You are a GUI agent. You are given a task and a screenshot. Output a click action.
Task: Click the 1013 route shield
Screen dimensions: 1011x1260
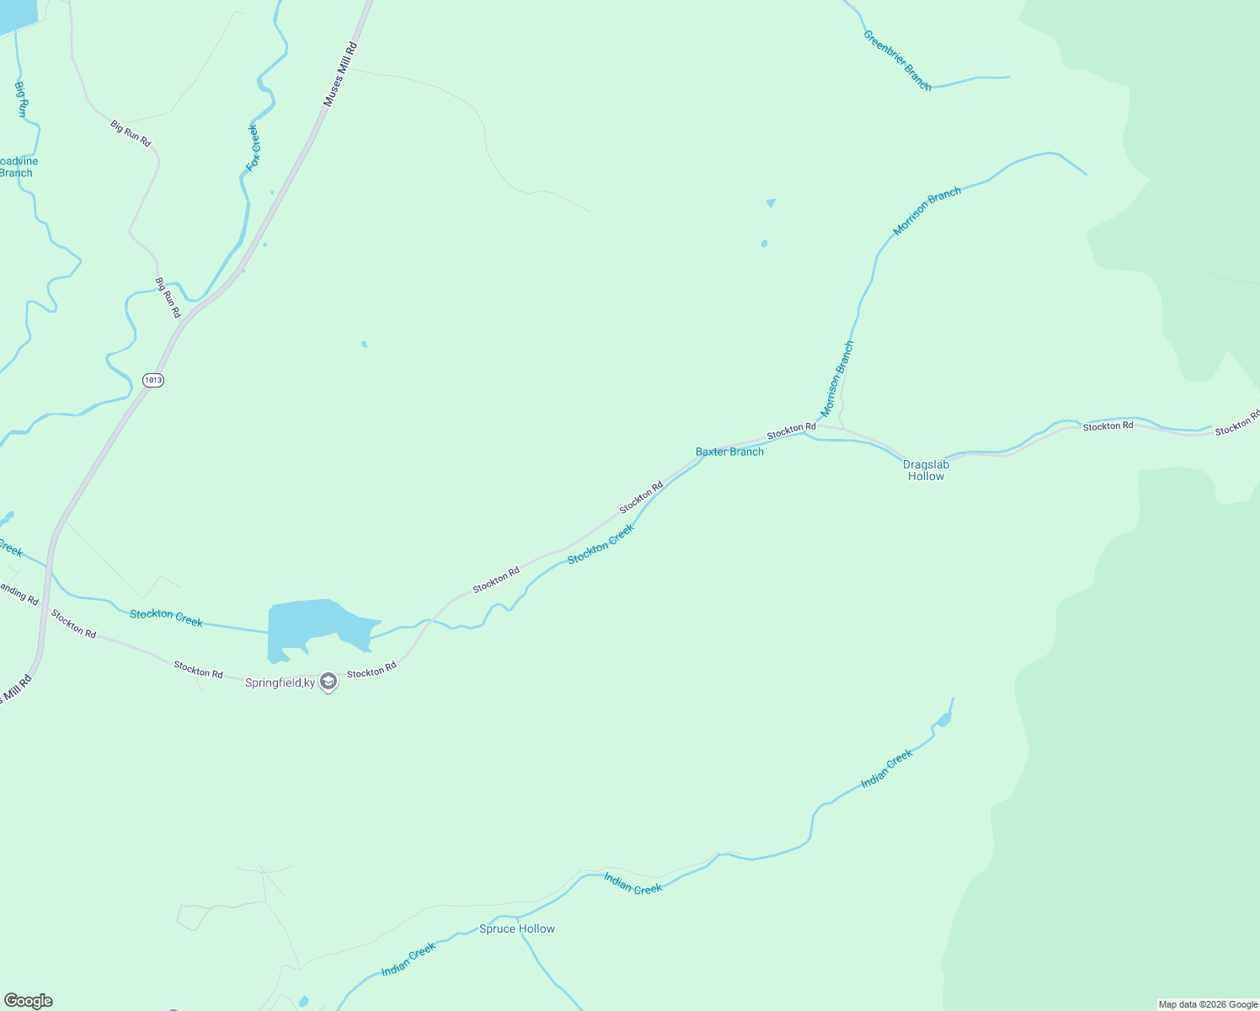tap(152, 380)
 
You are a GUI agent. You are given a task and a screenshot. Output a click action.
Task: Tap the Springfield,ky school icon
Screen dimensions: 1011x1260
tap(329, 682)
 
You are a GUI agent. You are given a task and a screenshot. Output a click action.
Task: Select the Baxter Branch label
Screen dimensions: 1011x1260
tap(729, 452)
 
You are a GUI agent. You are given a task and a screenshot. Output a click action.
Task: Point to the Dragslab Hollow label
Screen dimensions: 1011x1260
tap(926, 470)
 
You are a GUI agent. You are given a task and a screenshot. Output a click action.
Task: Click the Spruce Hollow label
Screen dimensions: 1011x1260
tap(517, 928)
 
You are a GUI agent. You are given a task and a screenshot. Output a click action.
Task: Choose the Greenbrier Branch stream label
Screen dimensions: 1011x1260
tap(897, 60)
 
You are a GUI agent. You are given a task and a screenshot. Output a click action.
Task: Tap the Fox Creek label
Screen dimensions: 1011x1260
tap(254, 148)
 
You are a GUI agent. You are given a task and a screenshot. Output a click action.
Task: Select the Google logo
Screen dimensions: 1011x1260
tap(28, 1001)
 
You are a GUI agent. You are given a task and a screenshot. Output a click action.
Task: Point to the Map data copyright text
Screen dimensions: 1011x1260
tap(1208, 1004)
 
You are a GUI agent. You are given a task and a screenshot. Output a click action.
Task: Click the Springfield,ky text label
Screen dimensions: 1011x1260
tap(280, 682)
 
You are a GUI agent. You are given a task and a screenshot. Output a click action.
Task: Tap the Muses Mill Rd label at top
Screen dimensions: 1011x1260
tap(341, 74)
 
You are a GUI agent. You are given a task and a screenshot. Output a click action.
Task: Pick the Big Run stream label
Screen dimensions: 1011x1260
tap(22, 99)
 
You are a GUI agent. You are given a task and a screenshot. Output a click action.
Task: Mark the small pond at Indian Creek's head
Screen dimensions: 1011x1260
tap(944, 719)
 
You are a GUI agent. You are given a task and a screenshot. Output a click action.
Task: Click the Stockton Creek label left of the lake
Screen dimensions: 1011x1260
tap(166, 618)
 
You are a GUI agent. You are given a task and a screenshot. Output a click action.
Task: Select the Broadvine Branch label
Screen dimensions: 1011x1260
tap(17, 167)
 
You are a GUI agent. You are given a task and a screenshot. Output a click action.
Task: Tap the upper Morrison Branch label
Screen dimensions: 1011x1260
tap(926, 211)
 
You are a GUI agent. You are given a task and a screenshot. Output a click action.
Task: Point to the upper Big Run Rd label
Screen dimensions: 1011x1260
tap(131, 133)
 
